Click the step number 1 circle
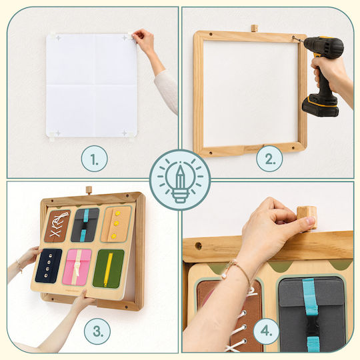pos(95,159)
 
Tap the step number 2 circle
pos(269,159)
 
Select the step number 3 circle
pos(97,331)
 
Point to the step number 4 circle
pos(267,331)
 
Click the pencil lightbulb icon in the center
pos(180,180)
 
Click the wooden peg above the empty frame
pos(254,28)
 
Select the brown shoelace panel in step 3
pos(57,226)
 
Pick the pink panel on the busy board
pos(77,267)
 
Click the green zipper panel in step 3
pos(109,269)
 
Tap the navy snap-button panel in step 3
pos(49,265)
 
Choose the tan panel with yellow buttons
pos(116,224)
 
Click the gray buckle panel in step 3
pos(85,225)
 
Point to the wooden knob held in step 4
pos(307,218)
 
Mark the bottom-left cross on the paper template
pos(58,133)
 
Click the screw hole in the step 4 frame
pos(199,246)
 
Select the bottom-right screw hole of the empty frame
pos(293,148)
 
